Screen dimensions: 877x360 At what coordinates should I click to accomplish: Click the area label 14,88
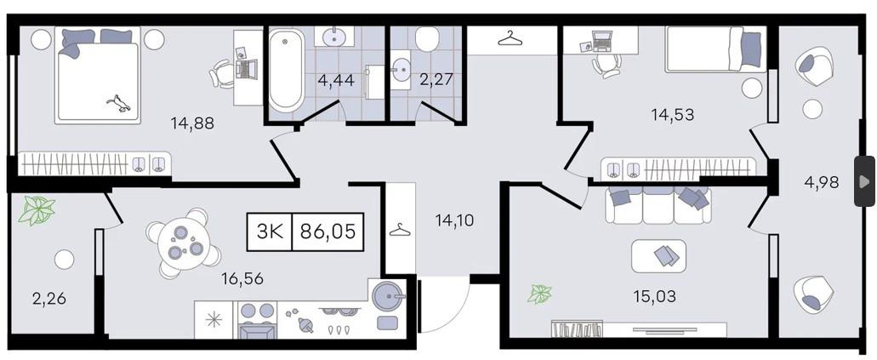(x=192, y=123)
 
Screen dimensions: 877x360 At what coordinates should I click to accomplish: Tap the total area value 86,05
(x=327, y=231)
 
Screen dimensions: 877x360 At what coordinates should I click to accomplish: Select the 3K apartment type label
(x=271, y=231)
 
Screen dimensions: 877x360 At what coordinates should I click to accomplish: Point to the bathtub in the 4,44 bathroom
(x=286, y=70)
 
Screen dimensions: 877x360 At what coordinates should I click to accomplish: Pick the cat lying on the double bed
(x=119, y=103)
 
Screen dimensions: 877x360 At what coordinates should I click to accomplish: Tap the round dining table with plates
(x=182, y=243)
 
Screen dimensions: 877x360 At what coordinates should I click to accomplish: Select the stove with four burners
(x=258, y=320)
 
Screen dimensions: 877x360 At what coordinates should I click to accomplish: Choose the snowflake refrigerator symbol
(x=214, y=320)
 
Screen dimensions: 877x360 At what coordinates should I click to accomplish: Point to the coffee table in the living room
(x=659, y=256)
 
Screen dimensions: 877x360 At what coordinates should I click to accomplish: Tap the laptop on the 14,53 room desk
(x=601, y=39)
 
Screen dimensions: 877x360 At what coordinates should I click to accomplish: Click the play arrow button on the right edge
(x=865, y=180)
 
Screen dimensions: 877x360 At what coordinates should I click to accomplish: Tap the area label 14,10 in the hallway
(x=455, y=220)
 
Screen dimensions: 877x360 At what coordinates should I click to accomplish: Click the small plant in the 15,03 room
(x=540, y=294)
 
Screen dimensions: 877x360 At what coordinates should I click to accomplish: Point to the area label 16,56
(x=242, y=278)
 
